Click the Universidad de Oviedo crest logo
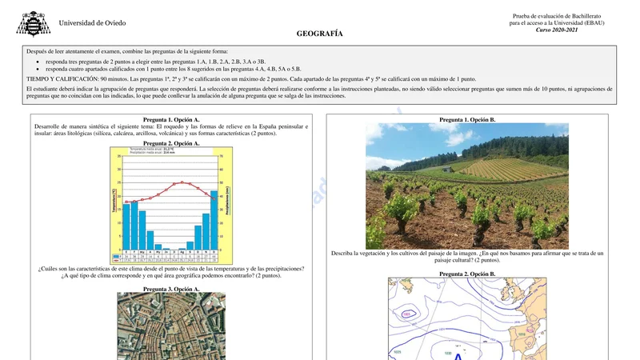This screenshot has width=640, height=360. [x=33, y=23]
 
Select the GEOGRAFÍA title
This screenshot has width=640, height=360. [x=319, y=34]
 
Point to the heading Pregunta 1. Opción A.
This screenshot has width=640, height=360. [x=171, y=119]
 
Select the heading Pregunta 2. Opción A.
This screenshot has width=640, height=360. [x=171, y=143]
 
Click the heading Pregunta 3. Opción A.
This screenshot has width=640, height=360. [x=171, y=289]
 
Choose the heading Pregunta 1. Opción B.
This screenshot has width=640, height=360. [x=467, y=119]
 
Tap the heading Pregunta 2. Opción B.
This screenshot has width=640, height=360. [x=467, y=274]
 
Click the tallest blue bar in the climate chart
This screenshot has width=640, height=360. [x=214, y=220]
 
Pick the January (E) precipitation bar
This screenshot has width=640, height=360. [x=126, y=226]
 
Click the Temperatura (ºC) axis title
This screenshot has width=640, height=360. [x=114, y=200]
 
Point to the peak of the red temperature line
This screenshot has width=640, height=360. [x=182, y=182]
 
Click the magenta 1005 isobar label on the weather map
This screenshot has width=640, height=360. [x=406, y=314]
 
